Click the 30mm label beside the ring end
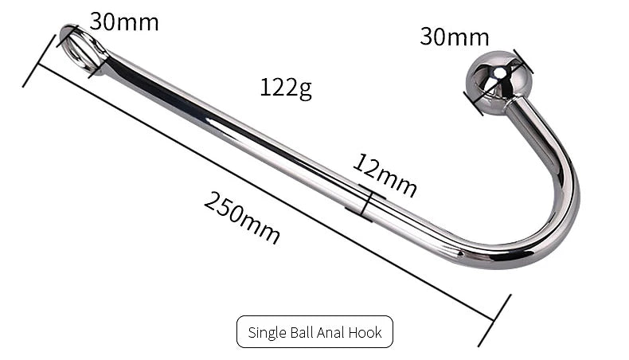(123, 22)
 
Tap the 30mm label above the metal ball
(454, 37)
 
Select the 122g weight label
(285, 87)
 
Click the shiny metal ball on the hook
(494, 82)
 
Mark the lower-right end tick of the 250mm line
(494, 320)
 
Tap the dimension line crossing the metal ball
(498, 83)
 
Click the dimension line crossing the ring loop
(80, 49)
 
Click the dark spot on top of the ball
(498, 73)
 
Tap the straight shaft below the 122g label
(239, 127)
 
